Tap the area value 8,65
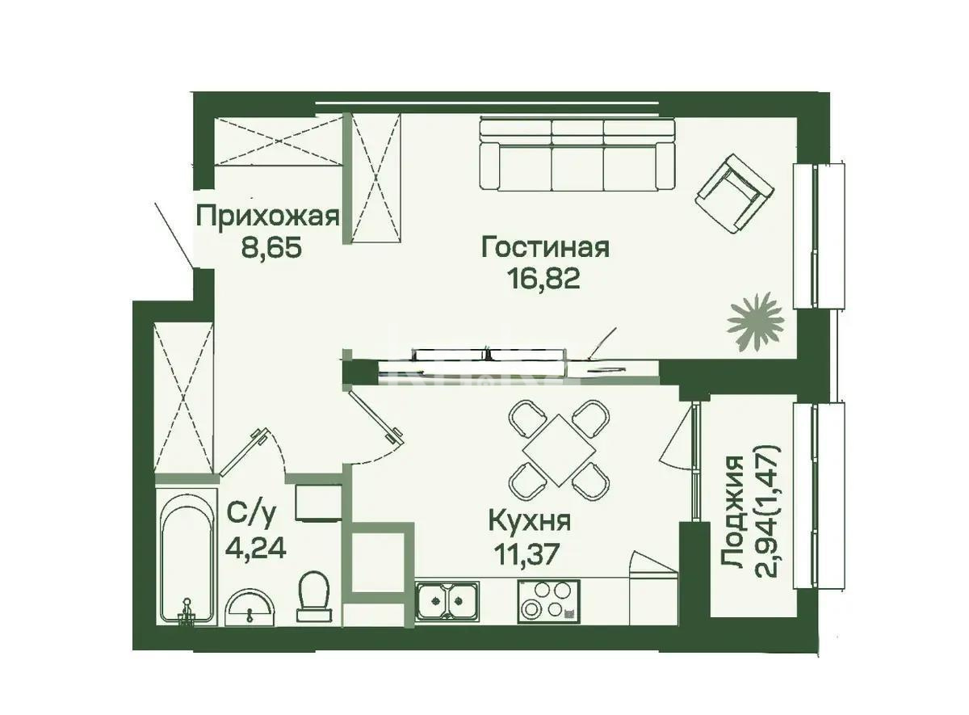pyautogui.click(x=271, y=247)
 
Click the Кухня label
pyautogui.click(x=530, y=522)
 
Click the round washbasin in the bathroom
pyautogui.click(x=250, y=608)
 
